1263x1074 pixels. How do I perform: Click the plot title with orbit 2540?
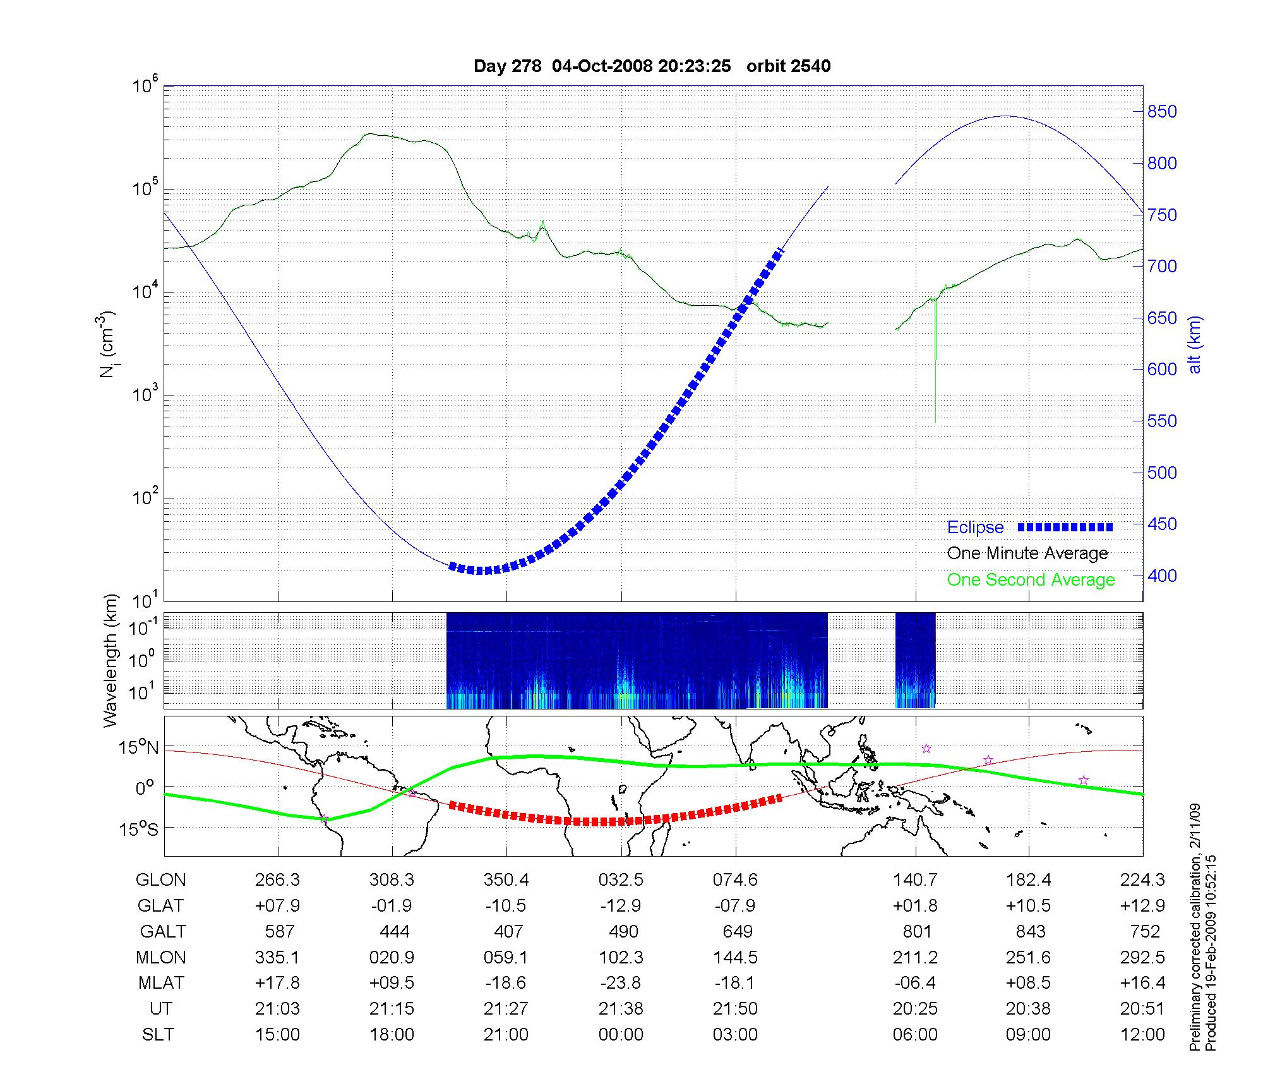pyautogui.click(x=652, y=66)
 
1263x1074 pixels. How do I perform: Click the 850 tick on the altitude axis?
pyautogui.click(x=1162, y=112)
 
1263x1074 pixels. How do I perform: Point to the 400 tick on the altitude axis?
pyautogui.click(x=1162, y=576)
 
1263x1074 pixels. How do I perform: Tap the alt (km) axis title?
pyautogui.click(x=1195, y=344)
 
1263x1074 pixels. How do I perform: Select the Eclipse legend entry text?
pyautogui.click(x=975, y=528)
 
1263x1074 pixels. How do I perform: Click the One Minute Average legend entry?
pyautogui.click(x=1027, y=553)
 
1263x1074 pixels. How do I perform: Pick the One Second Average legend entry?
pyautogui.click(x=1031, y=580)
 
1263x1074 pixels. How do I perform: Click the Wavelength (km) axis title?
pyautogui.click(x=111, y=660)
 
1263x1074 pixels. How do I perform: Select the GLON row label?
pyautogui.click(x=161, y=879)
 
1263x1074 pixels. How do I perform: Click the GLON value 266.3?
pyautogui.click(x=277, y=879)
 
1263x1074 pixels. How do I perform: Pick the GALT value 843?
pyautogui.click(x=1031, y=931)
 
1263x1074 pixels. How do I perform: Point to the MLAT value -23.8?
pyautogui.click(x=621, y=983)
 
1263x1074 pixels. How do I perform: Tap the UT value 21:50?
pyautogui.click(x=735, y=1009)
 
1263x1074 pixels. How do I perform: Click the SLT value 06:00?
pyautogui.click(x=915, y=1035)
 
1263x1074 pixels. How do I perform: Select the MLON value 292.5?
pyautogui.click(x=1142, y=957)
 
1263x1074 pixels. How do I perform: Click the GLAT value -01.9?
pyautogui.click(x=392, y=905)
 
